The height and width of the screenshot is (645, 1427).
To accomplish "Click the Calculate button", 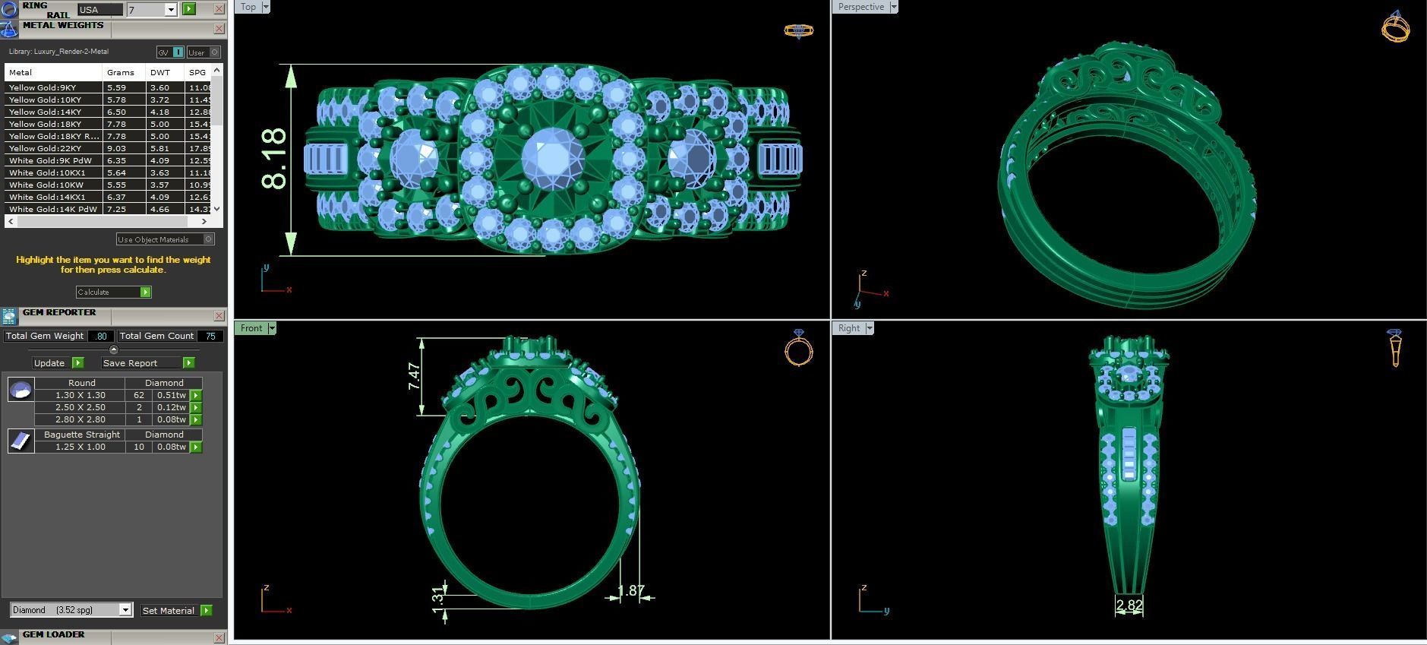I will [x=113, y=292].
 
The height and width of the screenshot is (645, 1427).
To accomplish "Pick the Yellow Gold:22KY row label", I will [x=45, y=148].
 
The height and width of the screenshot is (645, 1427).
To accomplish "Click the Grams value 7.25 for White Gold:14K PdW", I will [x=116, y=209].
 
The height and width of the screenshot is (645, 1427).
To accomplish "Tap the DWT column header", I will [x=160, y=72].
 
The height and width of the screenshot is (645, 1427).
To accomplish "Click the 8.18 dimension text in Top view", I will [x=273, y=159].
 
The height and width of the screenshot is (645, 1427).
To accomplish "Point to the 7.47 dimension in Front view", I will [x=414, y=376].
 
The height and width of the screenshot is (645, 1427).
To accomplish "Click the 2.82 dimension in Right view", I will [x=1129, y=605].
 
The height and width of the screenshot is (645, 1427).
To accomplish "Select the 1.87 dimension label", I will [x=630, y=590].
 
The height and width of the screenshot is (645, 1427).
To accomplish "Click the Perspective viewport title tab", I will [x=860, y=7].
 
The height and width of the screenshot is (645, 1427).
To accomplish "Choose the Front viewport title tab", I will [x=251, y=328].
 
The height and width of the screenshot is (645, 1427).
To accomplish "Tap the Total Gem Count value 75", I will [x=210, y=336].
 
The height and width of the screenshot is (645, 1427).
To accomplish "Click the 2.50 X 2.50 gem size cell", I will [x=80, y=407].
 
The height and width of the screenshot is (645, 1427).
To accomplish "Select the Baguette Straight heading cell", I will [x=81, y=435].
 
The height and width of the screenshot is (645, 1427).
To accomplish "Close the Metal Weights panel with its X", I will [x=219, y=29].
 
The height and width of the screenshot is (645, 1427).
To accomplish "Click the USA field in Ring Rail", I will [x=99, y=10].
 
